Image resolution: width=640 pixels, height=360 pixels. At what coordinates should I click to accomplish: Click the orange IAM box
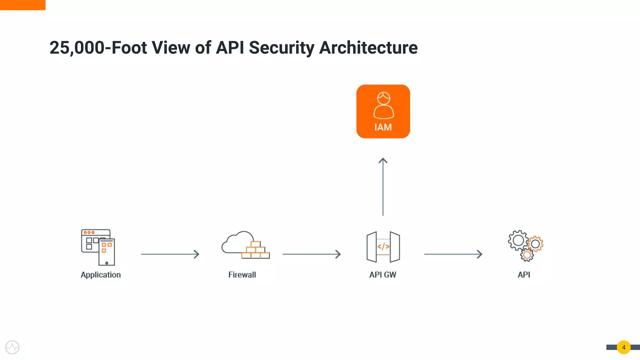coord(383,112)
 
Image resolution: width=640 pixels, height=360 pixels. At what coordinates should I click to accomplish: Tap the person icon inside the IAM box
coord(383,105)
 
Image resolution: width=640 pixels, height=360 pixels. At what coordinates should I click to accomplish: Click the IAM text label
coord(383,127)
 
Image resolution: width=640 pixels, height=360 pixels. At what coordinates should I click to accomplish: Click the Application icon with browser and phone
coord(98,247)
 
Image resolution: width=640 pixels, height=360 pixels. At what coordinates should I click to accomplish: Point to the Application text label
coord(101,275)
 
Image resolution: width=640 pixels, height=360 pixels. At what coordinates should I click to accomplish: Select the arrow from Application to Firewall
coord(170,254)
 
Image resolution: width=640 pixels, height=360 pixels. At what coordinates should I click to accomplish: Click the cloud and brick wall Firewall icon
coord(246,245)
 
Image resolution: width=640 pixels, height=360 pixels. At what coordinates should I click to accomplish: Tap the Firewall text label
coord(242,275)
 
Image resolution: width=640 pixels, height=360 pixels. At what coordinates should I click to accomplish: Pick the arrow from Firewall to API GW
coord(312,254)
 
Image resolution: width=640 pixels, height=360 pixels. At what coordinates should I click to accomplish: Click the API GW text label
coord(382,275)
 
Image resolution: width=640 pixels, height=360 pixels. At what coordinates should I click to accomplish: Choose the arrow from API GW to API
coord(453,254)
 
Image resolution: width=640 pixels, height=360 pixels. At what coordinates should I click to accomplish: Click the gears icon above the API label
coord(526,246)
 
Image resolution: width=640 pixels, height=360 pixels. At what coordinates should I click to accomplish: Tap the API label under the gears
coord(524,275)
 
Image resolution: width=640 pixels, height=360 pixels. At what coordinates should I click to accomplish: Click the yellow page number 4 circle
coord(623,347)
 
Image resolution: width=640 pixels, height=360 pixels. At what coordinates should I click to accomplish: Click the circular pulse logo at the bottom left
coord(12,347)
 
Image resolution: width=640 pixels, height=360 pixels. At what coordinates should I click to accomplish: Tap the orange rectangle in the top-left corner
coord(22,5)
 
